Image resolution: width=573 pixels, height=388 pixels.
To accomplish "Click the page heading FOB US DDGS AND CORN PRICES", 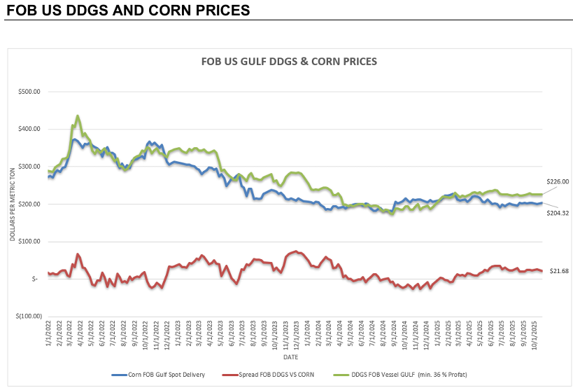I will pos(128,11).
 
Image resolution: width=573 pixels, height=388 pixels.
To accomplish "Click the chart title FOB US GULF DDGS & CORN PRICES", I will pos(289,62).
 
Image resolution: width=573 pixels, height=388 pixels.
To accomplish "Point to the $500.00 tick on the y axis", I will pos(29,92).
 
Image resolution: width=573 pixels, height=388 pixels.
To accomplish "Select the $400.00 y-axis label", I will pos(29,129).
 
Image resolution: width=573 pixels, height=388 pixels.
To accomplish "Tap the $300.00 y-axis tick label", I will pos(29,167).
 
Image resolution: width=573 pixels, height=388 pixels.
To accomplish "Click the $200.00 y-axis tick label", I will pos(29,204).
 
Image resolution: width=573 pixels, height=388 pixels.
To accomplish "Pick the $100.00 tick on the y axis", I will pos(29,242).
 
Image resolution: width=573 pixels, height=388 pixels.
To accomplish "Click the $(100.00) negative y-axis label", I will pos(27,316).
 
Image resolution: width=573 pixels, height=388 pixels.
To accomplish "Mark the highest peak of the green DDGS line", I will pos(77,116).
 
